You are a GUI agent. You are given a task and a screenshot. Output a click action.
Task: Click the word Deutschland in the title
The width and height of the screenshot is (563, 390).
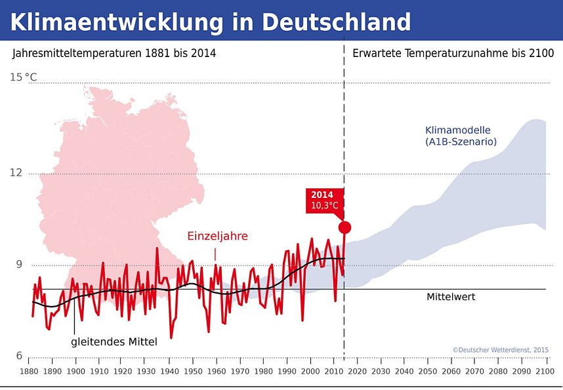pos(337,22)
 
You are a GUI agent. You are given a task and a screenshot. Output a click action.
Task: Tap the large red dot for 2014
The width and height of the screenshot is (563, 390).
pos(344,227)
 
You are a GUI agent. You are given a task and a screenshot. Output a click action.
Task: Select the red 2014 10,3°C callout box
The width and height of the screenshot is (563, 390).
pos(324,201)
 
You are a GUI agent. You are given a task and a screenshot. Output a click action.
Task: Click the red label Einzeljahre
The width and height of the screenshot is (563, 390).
pos(217,236)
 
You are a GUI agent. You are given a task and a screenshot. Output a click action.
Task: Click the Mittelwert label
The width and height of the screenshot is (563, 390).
pos(451,297)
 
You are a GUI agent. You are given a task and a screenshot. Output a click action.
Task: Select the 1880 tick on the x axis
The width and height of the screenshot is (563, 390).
pos(29,372)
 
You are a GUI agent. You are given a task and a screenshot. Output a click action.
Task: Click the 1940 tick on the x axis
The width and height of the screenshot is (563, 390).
pos(169,372)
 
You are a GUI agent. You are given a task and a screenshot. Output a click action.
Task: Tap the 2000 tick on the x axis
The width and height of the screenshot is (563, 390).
pos(310,372)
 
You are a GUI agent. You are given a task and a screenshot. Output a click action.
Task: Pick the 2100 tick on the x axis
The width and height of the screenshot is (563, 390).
pos(545,372)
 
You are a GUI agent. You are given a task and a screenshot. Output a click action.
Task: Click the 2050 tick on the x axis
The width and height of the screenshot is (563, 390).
pos(428,372)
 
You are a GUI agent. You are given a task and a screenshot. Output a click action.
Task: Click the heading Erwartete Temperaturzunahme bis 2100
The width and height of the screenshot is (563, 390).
pos(453,53)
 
